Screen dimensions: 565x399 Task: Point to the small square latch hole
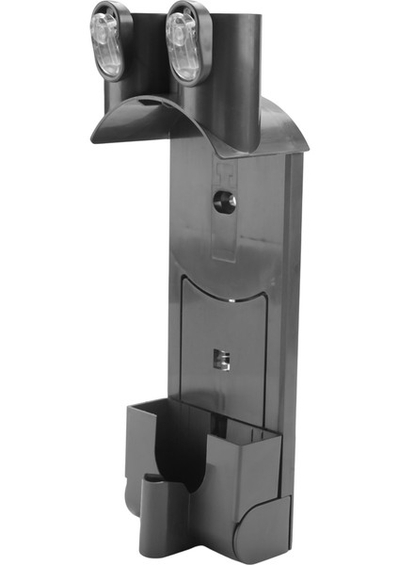(221, 360)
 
